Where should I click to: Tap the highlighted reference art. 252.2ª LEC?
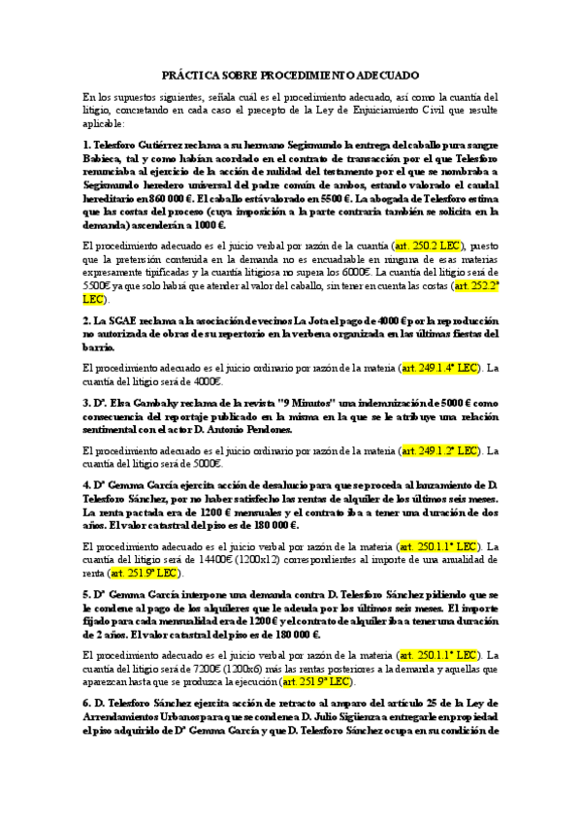coord(476,286)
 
